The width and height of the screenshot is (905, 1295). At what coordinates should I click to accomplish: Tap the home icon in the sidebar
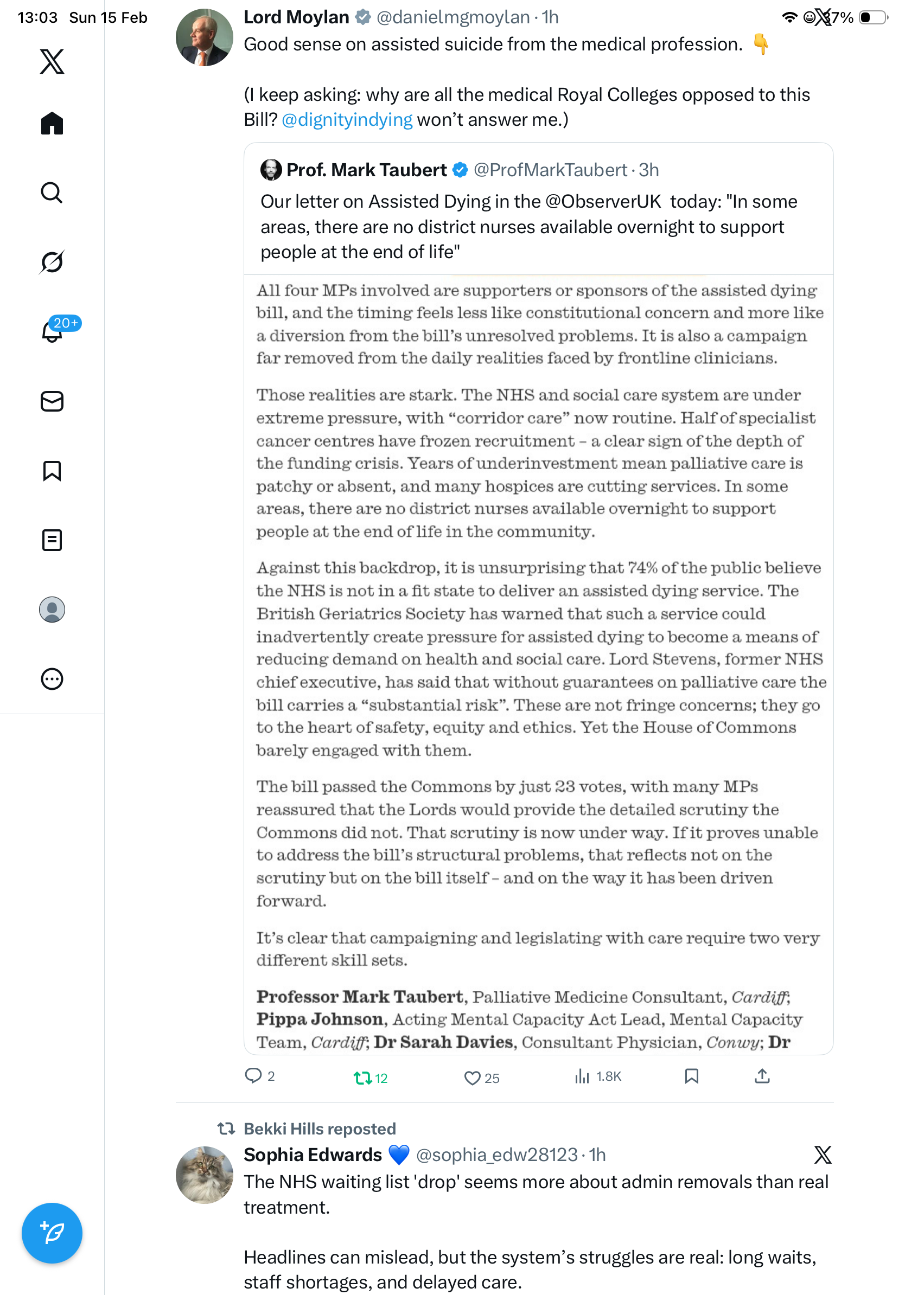(52, 123)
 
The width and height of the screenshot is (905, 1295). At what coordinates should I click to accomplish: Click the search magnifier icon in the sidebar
(52, 193)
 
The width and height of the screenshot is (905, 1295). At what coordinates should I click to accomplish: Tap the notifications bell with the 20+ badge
(52, 332)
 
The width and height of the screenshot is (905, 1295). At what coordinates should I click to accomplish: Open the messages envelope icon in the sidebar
(52, 402)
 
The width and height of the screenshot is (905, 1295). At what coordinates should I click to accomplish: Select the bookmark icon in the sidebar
(52, 470)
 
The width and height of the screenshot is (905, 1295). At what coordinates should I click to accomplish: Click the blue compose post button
(52, 1233)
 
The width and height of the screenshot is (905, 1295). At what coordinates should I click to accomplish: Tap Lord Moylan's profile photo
(204, 37)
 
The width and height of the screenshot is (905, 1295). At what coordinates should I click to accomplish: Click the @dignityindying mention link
(347, 119)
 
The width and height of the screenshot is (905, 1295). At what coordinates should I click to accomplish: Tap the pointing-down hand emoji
(761, 44)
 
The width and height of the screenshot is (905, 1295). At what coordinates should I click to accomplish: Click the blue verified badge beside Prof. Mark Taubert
(461, 170)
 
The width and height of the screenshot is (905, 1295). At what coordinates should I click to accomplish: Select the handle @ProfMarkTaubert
(550, 170)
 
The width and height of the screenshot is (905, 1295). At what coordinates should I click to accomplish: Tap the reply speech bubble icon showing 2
(253, 1075)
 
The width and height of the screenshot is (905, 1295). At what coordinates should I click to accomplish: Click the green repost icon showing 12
(362, 1078)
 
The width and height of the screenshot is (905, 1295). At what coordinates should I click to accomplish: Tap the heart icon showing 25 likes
(471, 1078)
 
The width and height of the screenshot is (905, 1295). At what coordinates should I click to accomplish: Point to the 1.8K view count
(608, 1076)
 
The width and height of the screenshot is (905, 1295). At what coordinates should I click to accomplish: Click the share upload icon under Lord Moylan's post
(762, 1076)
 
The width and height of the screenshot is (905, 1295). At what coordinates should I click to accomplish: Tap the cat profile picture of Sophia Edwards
(204, 1175)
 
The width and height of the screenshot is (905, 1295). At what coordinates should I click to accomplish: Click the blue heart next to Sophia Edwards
(399, 1155)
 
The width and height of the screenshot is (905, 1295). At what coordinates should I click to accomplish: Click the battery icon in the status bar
(872, 17)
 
